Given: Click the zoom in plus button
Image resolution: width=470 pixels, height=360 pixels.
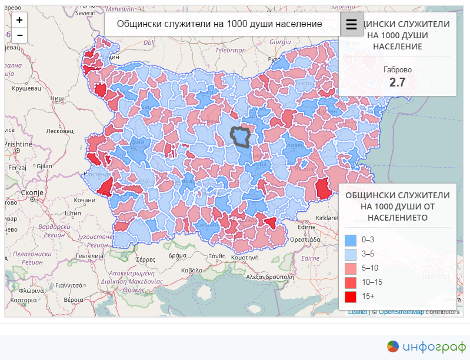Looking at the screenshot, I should coord(19,20).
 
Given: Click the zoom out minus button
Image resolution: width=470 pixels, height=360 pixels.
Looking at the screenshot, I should coord(19,35).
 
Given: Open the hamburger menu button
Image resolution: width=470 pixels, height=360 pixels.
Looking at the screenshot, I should coord(352,24).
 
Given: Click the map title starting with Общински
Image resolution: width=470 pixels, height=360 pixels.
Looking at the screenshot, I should coord(219,24).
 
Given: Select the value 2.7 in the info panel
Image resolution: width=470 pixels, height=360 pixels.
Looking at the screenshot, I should coord(398,82).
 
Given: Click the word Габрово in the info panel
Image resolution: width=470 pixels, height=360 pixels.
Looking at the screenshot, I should coord(398,69).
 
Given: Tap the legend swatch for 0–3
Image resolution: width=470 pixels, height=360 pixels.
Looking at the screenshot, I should coord(351,240).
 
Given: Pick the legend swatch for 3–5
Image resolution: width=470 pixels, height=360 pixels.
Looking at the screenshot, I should coord(351,254).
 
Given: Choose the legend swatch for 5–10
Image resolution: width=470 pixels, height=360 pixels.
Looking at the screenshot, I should coord(351,268).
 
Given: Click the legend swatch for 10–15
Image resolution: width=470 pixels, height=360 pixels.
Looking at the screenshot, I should coord(351,282).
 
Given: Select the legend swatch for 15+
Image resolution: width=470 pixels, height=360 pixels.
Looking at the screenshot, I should coord(351,296).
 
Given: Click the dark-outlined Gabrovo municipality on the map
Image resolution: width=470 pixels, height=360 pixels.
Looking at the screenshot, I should coord(240,136).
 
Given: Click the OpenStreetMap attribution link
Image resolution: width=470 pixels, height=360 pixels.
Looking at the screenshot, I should coord(401,312).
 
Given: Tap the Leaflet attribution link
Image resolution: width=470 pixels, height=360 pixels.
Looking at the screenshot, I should coord(357,312).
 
